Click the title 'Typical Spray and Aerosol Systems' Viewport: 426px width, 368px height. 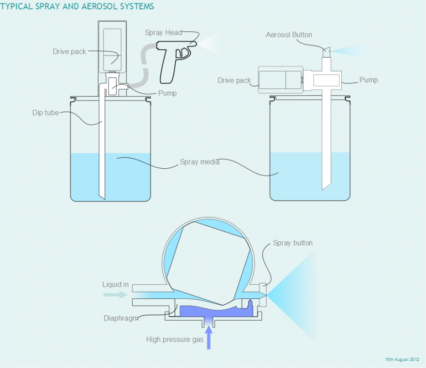tap(77, 6)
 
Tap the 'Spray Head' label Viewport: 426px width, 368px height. tap(163, 32)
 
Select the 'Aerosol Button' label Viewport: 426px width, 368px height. tap(289, 35)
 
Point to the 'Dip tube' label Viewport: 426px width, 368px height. tap(46, 113)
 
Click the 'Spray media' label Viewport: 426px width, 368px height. tap(199, 162)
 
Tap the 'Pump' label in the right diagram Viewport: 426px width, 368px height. tap(368, 80)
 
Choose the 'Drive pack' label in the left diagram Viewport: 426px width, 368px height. tap(69, 52)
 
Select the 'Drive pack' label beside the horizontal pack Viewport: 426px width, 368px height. tap(234, 80)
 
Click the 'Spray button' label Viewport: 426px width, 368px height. tap(293, 243)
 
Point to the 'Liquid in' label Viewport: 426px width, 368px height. tap(116, 284)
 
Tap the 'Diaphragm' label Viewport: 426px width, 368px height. tap(121, 318)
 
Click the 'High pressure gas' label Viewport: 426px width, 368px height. tap(175, 339)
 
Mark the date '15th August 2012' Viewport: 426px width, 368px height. tap(402, 360)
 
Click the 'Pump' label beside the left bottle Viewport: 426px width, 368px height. tap(167, 93)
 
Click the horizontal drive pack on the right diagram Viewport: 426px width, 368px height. tap(280, 79)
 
